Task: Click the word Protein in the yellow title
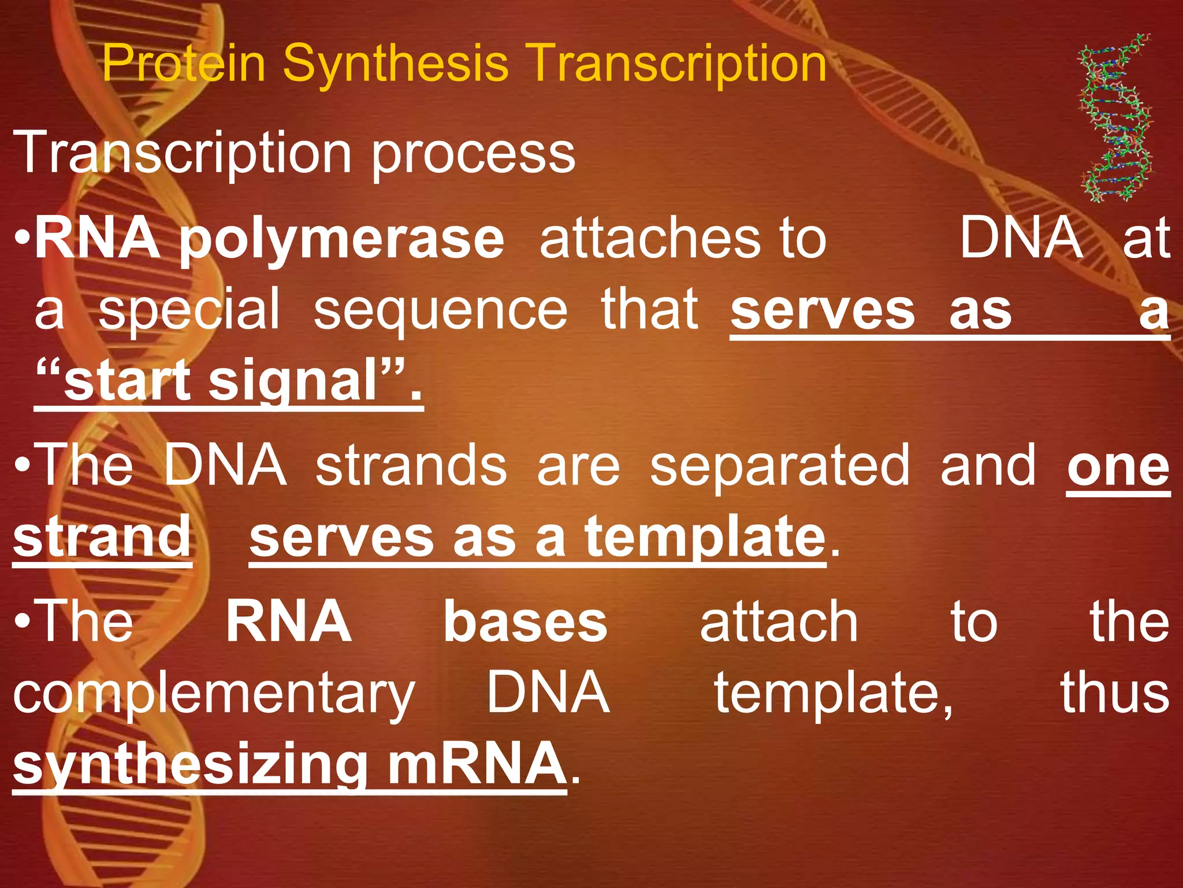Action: (x=184, y=64)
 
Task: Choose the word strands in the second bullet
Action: (x=411, y=465)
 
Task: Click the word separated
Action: (x=780, y=465)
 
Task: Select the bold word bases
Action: (x=525, y=622)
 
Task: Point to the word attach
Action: (x=779, y=622)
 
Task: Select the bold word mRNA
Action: (x=477, y=763)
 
